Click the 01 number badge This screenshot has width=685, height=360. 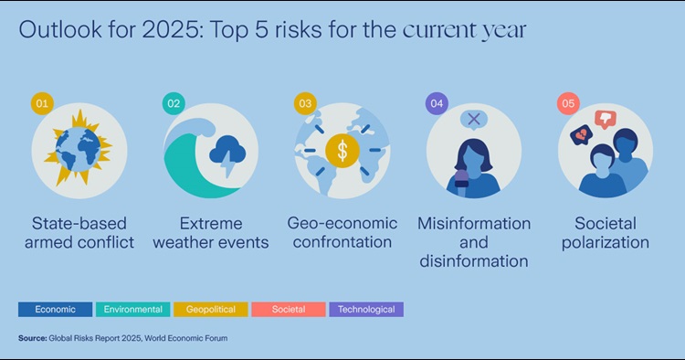tap(39, 103)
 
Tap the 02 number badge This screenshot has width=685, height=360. tap(174, 103)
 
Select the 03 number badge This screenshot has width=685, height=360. tap(305, 103)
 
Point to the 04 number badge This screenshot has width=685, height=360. tap(437, 103)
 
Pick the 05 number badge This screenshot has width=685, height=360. tap(568, 103)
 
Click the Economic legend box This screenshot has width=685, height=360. tap(55, 309)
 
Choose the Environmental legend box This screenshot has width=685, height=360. tap(132, 309)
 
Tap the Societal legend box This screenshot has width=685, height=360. tap(289, 309)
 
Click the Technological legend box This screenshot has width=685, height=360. tap(366, 309)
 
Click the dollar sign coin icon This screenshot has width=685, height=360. tap(342, 151)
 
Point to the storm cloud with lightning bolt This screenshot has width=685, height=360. tap(225, 151)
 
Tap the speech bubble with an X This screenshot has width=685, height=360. tap(473, 119)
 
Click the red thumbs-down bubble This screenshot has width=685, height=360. tap(605, 118)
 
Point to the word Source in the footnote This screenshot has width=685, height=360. tap(33, 338)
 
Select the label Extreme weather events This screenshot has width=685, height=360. tap(211, 233)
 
